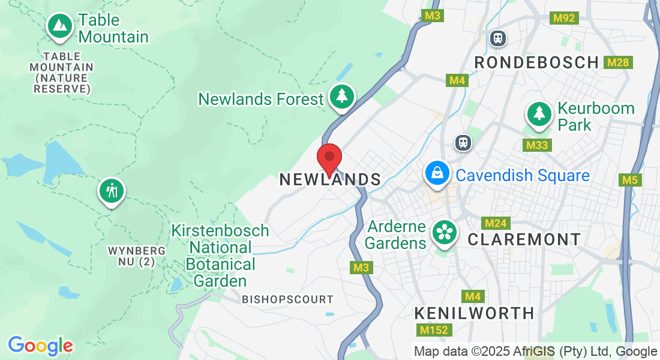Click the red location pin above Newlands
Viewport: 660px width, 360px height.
[x=329, y=158]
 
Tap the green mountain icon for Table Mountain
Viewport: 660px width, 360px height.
[x=59, y=26]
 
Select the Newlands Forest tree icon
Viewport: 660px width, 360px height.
[x=342, y=96]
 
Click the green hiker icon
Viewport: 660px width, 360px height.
[x=111, y=191]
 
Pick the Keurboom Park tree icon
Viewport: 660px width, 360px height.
[x=539, y=113]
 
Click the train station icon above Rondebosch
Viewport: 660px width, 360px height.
[x=497, y=38]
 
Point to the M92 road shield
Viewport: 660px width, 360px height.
[x=565, y=18]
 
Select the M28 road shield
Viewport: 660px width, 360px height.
[x=617, y=62]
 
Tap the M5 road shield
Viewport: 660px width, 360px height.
[x=629, y=179]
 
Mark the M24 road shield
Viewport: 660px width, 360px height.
[x=496, y=224]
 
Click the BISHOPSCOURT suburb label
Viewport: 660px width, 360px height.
[x=287, y=299]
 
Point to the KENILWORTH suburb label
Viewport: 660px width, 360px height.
[x=475, y=313]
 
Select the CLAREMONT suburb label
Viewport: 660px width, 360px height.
[x=524, y=239]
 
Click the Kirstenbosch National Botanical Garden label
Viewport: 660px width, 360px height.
[x=220, y=256]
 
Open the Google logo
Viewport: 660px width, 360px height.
[x=40, y=346]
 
